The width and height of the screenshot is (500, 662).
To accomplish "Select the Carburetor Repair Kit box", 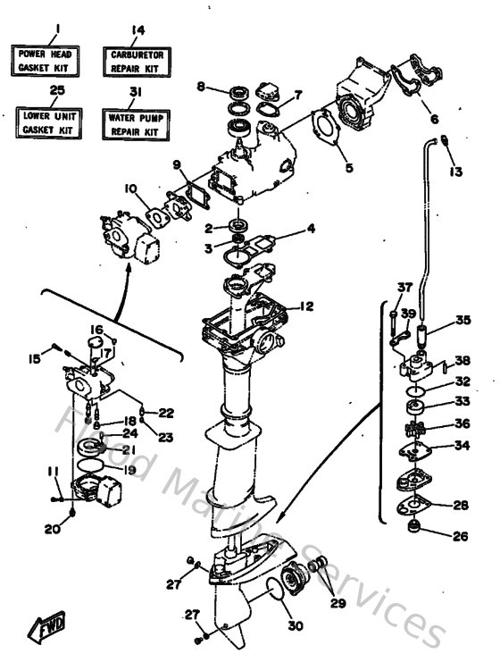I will tap(138, 60).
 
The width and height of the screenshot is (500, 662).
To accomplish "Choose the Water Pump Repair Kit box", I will tap(138, 123).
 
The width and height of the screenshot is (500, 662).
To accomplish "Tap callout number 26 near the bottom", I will tap(461, 537).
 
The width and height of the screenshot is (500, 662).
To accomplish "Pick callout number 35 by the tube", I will tap(462, 320).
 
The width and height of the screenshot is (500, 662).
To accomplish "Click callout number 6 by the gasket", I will tap(435, 118).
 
